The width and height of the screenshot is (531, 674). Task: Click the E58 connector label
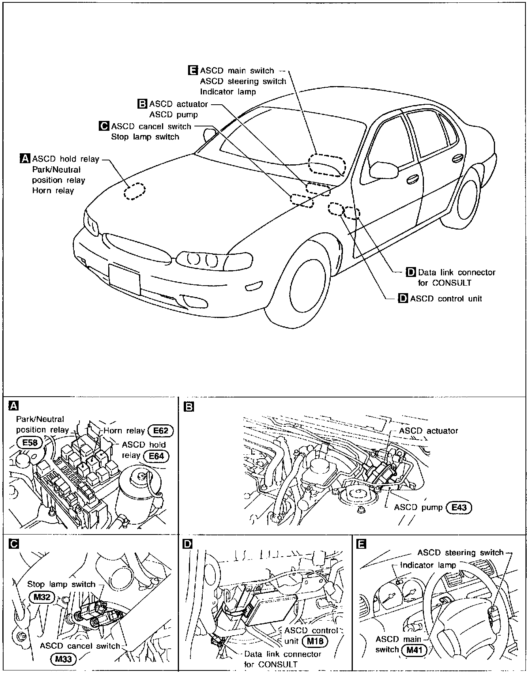tap(30, 442)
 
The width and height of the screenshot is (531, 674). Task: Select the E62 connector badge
tap(160, 431)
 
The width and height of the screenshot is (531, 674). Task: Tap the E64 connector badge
tap(156, 456)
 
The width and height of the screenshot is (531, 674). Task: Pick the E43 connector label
tap(459, 507)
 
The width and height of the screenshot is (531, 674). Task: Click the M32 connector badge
tap(41, 597)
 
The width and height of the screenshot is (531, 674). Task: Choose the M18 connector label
tap(315, 641)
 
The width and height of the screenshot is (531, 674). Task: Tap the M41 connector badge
tap(414, 650)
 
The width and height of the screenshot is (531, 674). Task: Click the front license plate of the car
tap(124, 279)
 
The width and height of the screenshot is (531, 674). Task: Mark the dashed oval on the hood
tap(135, 192)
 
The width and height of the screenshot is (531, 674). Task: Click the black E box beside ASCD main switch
tap(193, 71)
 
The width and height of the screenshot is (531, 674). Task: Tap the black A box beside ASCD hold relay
tap(25, 159)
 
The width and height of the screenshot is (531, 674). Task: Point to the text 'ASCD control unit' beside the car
tap(446, 299)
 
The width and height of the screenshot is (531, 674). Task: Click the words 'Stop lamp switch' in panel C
tap(61, 584)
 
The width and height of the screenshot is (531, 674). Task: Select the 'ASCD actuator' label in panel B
tap(428, 431)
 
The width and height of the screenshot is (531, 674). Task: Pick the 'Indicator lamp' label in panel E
tap(428, 565)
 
